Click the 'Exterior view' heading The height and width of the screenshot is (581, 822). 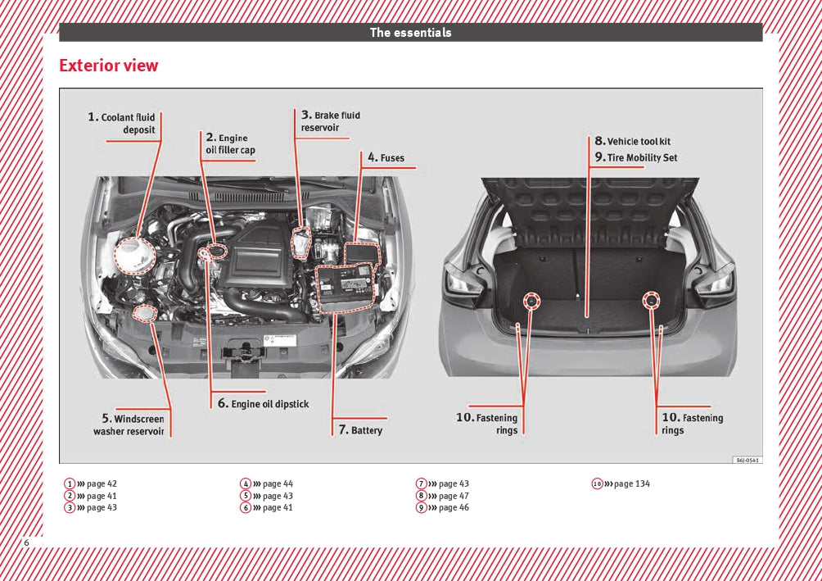[x=109, y=66]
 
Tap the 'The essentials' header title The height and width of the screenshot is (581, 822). [x=410, y=33]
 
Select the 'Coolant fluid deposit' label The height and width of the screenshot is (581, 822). [x=122, y=123]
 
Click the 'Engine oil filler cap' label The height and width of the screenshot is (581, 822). [x=230, y=144]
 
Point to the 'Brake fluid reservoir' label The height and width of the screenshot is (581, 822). [x=330, y=121]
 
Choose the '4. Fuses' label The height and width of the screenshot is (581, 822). [x=386, y=157]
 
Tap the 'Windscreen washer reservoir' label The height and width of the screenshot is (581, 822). [x=129, y=424]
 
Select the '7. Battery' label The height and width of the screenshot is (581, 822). [x=360, y=429]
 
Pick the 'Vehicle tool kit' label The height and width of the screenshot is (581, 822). [x=632, y=141]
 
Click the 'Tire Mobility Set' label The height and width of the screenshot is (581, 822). [x=635, y=157]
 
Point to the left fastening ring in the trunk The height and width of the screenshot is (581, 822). [x=532, y=301]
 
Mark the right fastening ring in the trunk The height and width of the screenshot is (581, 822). [x=652, y=301]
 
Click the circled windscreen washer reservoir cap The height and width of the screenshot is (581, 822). [x=146, y=313]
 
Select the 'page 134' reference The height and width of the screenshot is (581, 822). [x=631, y=483]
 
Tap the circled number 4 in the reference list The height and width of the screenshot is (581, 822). [x=245, y=483]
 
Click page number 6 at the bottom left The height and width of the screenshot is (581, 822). [x=27, y=543]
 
